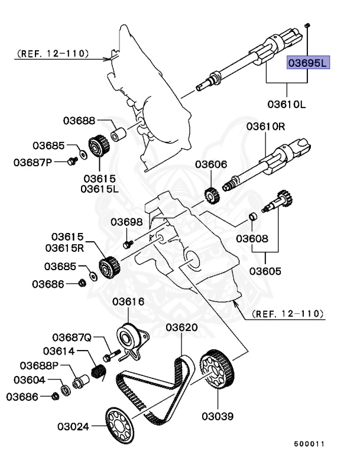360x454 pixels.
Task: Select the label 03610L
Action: coord(286,105)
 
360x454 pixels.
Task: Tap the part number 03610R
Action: coord(266,126)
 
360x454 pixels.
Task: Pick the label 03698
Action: coord(127,222)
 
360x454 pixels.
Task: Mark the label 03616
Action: coord(128,301)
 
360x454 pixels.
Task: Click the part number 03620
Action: coord(181,327)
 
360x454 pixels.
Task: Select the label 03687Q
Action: coord(72,338)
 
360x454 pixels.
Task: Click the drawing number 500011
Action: coord(310,442)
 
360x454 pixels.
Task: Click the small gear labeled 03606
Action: coord(209,193)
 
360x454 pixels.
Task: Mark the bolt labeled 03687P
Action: coord(72,160)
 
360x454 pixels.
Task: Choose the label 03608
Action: coord(252,239)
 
